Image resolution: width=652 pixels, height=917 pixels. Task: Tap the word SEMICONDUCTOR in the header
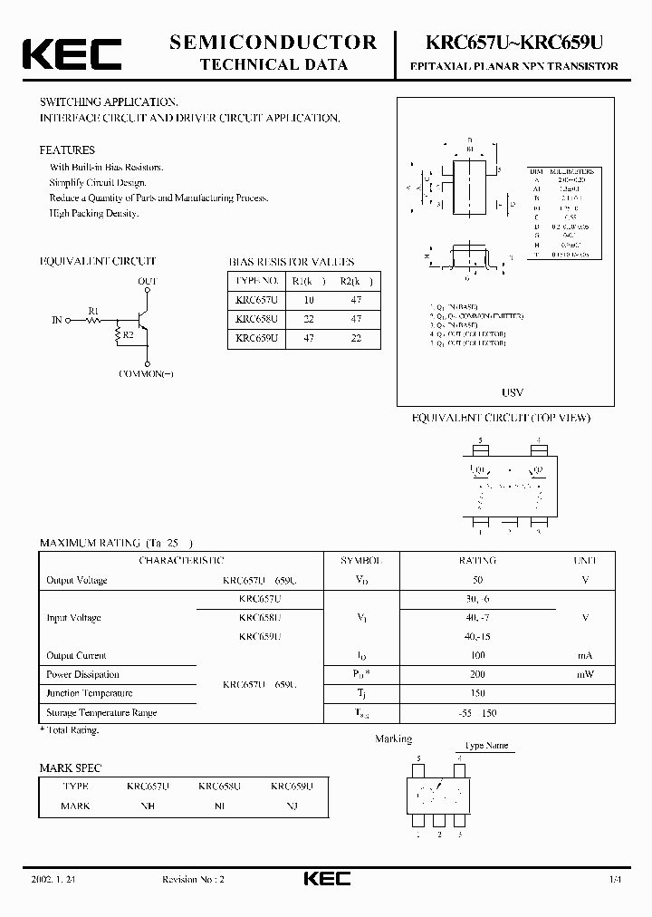(x=273, y=42)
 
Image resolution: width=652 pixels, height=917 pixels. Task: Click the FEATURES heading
(x=67, y=150)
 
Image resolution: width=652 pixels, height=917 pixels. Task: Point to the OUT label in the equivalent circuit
(x=148, y=282)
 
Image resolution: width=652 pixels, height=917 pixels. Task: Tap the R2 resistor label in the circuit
(x=129, y=335)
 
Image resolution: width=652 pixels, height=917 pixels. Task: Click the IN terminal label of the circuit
(x=57, y=320)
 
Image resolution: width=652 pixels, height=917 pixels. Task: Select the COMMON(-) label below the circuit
(x=147, y=374)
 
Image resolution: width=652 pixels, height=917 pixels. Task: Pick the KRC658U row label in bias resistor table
(x=256, y=319)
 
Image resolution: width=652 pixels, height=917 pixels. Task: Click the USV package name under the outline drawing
(x=513, y=393)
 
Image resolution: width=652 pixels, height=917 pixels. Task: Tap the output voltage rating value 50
(x=477, y=580)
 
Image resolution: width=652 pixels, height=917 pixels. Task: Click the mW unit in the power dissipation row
(x=586, y=674)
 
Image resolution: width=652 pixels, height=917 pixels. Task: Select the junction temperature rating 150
(x=477, y=693)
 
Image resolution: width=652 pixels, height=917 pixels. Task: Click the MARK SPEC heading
(x=71, y=767)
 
